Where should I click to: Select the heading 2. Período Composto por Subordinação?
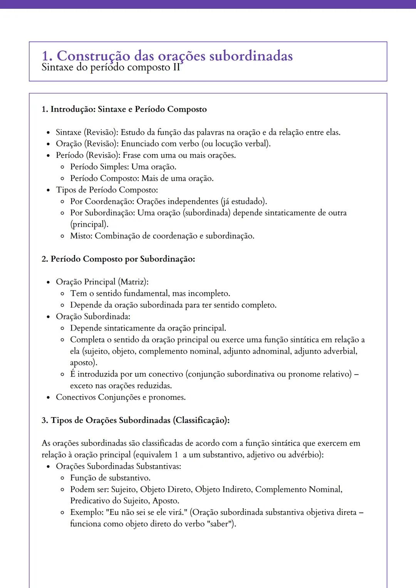[x=118, y=259]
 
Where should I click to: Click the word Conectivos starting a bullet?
[x=76, y=397]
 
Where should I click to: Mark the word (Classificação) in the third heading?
[x=201, y=420]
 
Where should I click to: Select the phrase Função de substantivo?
[x=110, y=478]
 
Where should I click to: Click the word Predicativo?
[x=90, y=501]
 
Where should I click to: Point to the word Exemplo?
[x=86, y=513]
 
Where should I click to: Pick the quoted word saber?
[x=220, y=524]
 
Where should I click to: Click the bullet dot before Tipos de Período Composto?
[x=48, y=190]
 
